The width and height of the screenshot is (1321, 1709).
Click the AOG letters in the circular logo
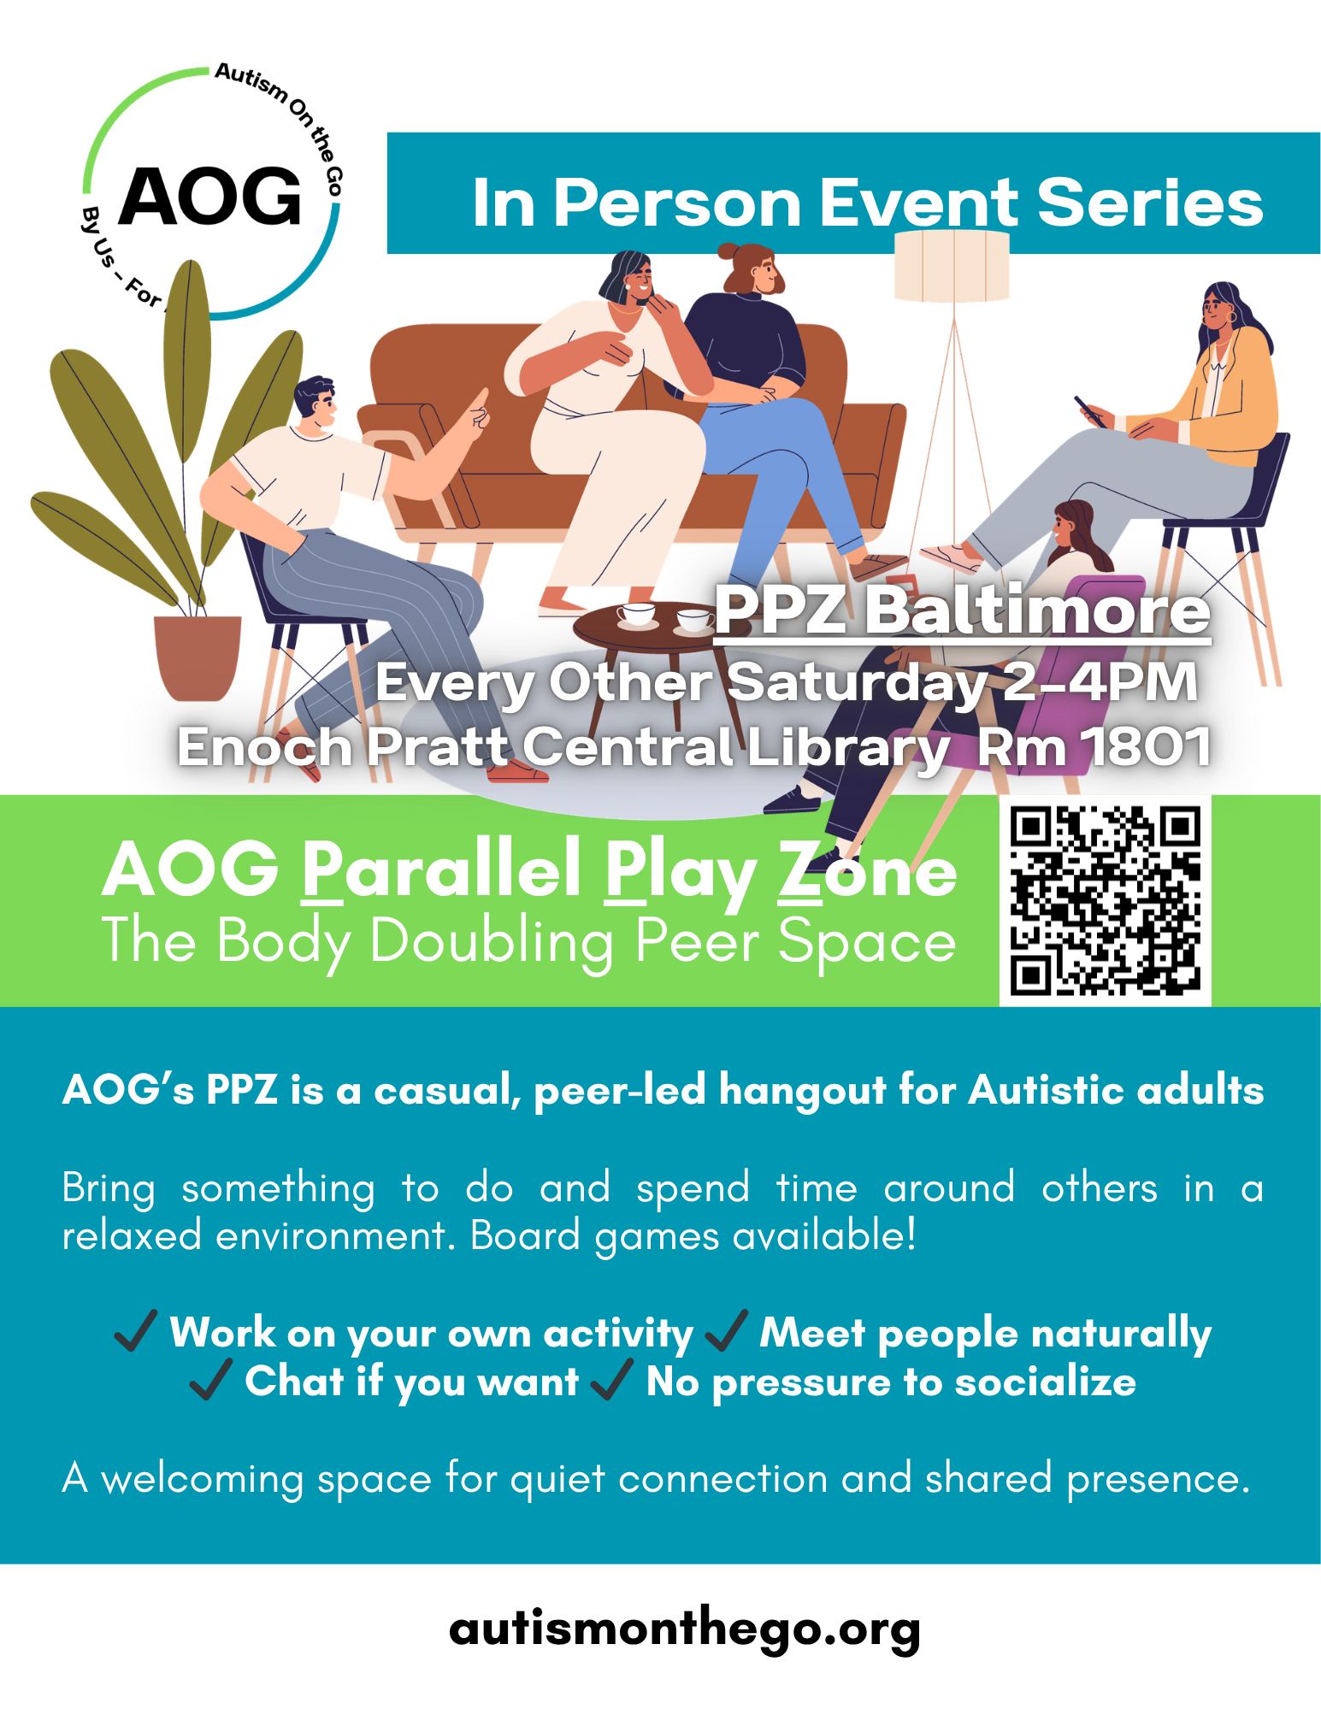coord(210,196)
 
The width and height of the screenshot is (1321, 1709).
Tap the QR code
coord(1105,901)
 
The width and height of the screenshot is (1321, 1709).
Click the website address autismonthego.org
coord(685,1629)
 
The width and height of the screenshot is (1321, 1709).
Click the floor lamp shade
coord(952,266)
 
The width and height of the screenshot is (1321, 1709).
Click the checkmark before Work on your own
coord(136,1330)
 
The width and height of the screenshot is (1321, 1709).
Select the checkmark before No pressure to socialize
coord(611,1380)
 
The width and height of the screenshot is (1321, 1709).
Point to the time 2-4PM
coord(1100,681)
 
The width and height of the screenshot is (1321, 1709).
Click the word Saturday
coord(858,684)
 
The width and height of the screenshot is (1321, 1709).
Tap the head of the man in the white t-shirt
coord(316,403)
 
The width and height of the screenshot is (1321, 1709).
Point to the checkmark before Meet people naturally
coord(727,1330)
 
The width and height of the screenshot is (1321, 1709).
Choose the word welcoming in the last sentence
coord(202,1479)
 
